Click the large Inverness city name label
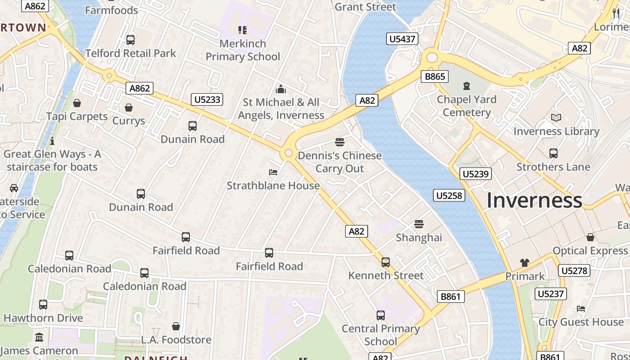click(534, 200)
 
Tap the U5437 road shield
click(402, 39)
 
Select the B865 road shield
click(435, 76)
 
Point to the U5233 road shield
click(207, 99)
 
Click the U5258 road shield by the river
click(449, 195)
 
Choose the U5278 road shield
click(574, 270)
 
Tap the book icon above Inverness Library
click(556, 118)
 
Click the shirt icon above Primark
click(525, 263)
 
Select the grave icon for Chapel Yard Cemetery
click(467, 85)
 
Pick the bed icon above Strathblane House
click(273, 172)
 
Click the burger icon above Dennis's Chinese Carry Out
click(340, 142)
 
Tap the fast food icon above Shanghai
click(419, 224)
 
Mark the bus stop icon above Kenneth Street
click(386, 262)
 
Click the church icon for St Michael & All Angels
click(281, 89)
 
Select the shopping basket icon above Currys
click(129, 108)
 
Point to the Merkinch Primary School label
click(243, 50)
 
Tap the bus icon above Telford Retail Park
click(130, 40)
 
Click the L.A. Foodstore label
click(176, 339)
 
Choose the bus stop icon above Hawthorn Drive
click(43, 305)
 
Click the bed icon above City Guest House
click(581, 309)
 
